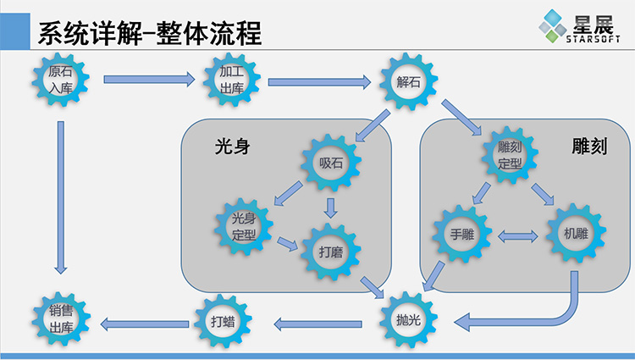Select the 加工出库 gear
[231, 80]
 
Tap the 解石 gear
[408, 82]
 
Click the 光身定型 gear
[243, 227]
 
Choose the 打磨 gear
[331, 252]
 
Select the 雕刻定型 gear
[510, 155]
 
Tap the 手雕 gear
[461, 233]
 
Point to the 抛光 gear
[408, 320]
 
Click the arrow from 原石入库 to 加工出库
[148, 80]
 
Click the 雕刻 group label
[584, 147]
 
